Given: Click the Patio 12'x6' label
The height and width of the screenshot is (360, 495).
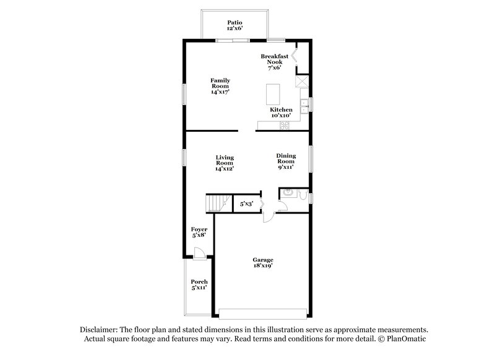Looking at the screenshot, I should [234, 24].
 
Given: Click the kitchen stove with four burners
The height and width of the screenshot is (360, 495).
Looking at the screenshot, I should [285, 125].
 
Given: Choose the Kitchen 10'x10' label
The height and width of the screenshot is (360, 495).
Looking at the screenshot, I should [281, 113].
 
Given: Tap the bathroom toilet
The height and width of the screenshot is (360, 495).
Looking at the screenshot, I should [303, 195].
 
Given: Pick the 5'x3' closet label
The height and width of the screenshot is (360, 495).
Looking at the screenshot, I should [246, 203].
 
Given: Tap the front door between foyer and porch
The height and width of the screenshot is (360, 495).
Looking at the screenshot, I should [198, 252].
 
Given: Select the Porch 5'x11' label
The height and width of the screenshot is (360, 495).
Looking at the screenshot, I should [199, 285].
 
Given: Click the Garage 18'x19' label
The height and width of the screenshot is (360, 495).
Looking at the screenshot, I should [262, 262].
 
